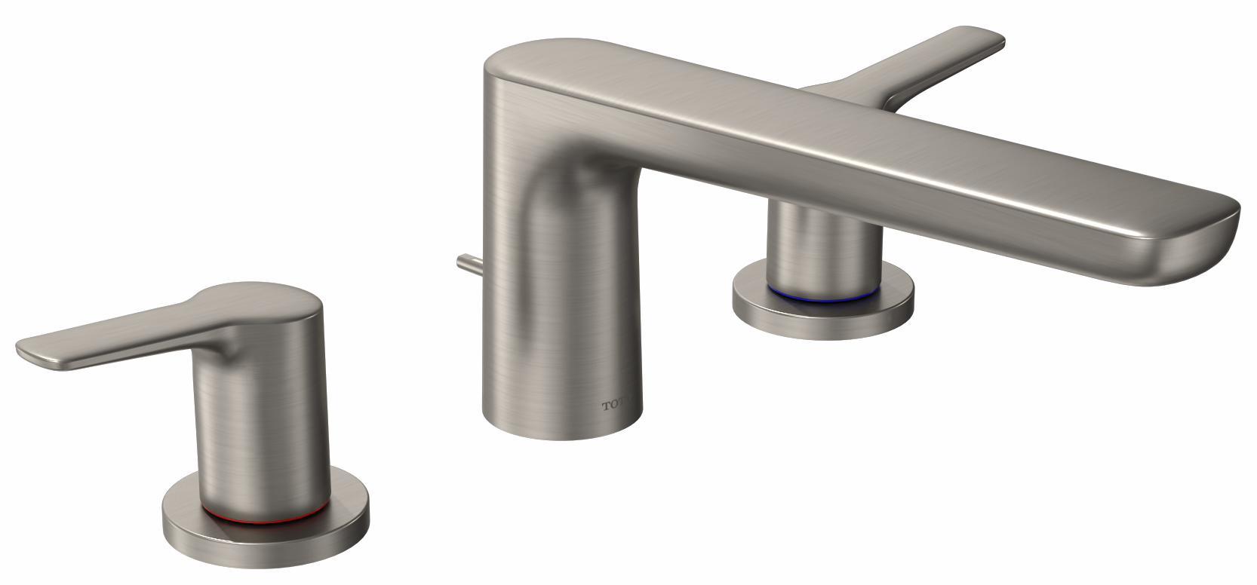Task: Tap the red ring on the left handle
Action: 264,519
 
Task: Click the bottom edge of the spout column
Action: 562,435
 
